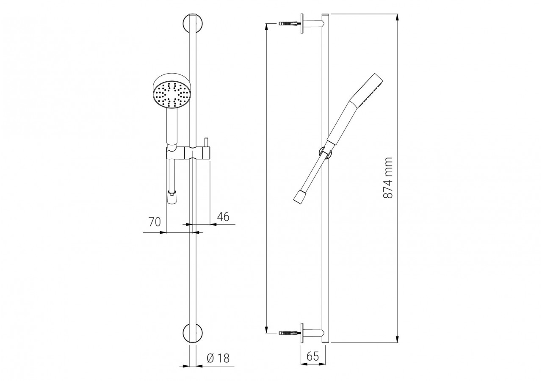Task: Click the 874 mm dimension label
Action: [388, 178]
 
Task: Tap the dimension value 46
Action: [223, 217]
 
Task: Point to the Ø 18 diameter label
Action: [218, 358]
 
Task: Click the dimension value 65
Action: [312, 356]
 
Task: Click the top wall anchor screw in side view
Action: [290, 23]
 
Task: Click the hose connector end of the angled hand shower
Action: [300, 196]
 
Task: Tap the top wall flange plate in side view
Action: [303, 23]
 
